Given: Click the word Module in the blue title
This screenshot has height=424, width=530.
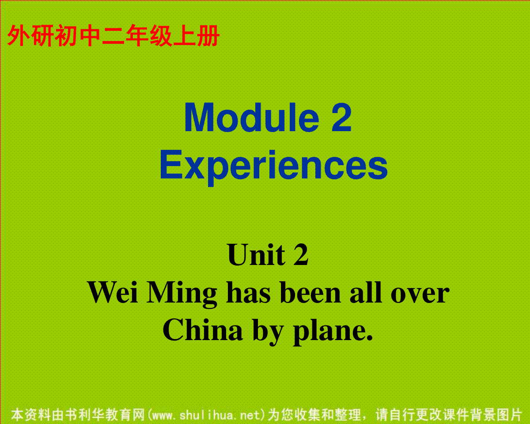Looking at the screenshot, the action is [252, 117].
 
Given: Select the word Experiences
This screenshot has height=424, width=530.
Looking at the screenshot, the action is [274, 168].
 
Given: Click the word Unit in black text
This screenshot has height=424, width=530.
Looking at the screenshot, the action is [257, 254].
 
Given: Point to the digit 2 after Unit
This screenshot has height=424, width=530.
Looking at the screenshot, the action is [301, 254].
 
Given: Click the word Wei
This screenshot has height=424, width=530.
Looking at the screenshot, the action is [113, 293].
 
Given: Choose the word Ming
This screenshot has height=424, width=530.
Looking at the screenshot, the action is [182, 295].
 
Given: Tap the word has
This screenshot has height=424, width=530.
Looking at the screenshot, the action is [248, 292].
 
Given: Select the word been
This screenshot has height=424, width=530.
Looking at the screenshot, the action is [310, 292].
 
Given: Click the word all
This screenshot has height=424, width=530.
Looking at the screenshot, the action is [366, 292].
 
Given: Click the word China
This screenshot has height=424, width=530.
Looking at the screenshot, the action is [202, 329].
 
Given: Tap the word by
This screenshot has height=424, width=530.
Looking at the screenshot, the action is [268, 332].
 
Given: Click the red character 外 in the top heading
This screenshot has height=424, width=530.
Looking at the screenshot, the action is [19, 36].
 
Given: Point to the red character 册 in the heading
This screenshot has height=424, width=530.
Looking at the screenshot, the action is [208, 36].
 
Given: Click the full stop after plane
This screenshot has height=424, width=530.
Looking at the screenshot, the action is [369, 338].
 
